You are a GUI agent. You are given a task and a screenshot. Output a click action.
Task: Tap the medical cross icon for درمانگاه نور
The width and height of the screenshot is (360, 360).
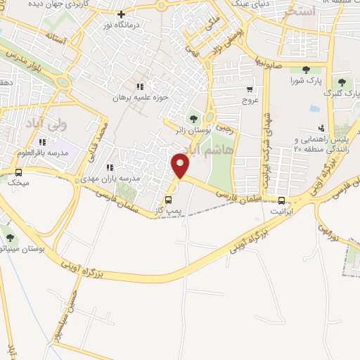pyautogui.click(x=121, y=14)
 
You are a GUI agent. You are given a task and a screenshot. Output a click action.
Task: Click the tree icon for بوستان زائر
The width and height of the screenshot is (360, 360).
pyautogui.click(x=193, y=117)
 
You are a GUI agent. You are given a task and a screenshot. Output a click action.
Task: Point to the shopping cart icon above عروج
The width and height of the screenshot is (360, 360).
pyautogui.click(x=250, y=89)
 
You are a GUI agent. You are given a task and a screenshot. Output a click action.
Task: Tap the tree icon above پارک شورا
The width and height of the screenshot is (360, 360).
pyautogui.click(x=306, y=70)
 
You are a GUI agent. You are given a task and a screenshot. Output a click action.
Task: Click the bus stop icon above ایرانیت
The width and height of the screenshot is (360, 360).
pyautogui.click(x=281, y=200)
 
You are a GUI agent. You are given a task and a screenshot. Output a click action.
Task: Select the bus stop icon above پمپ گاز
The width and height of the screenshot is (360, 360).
pyautogui.click(x=167, y=199)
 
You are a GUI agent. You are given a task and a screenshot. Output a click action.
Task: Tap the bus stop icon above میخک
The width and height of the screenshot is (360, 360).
pyautogui.click(x=18, y=172)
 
